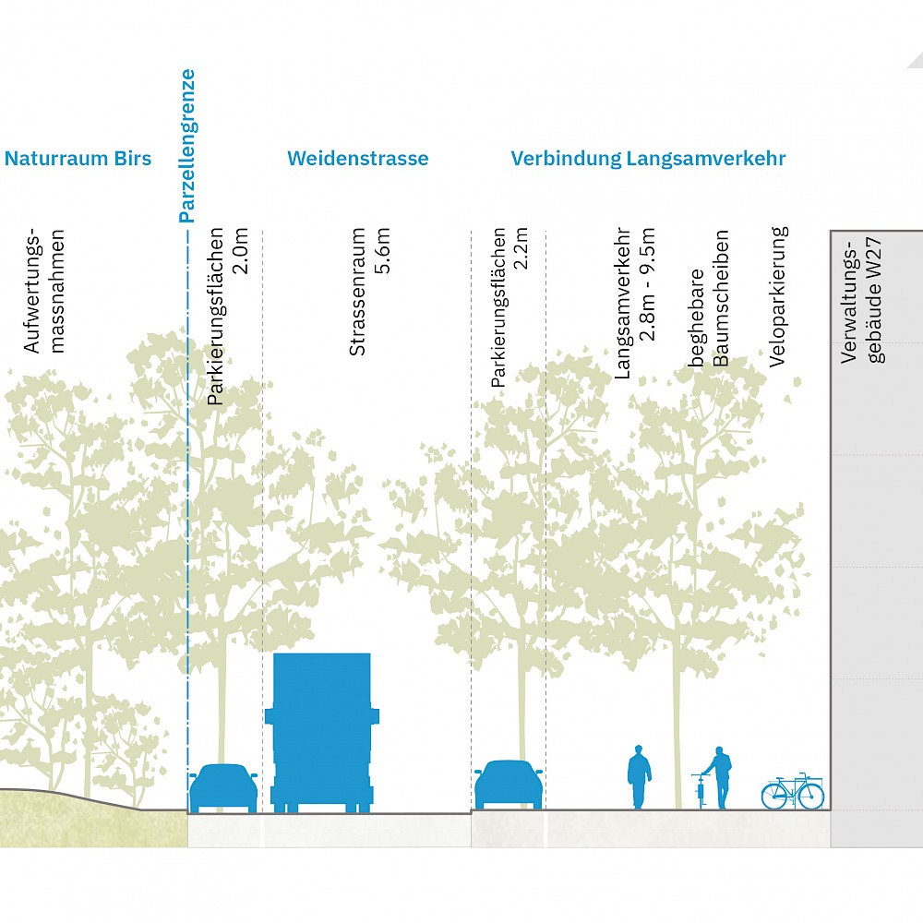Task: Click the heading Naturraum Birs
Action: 78,159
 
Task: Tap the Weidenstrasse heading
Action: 358,159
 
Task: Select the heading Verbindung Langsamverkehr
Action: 648,159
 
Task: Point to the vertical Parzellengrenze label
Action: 187,146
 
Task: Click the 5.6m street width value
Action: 383,250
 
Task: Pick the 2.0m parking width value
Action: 241,251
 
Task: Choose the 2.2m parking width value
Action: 521,248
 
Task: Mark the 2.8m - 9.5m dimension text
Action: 648,284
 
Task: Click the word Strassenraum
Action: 357,292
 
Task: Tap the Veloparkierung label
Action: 778,296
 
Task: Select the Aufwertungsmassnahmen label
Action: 44,291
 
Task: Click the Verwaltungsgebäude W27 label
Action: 862,300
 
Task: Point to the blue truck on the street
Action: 322,732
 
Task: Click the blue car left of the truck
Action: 223,788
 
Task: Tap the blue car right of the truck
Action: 509,785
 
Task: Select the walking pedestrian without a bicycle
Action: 639,777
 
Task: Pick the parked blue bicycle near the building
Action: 792,792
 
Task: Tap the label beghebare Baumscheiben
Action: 709,298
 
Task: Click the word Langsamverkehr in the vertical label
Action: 622,303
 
